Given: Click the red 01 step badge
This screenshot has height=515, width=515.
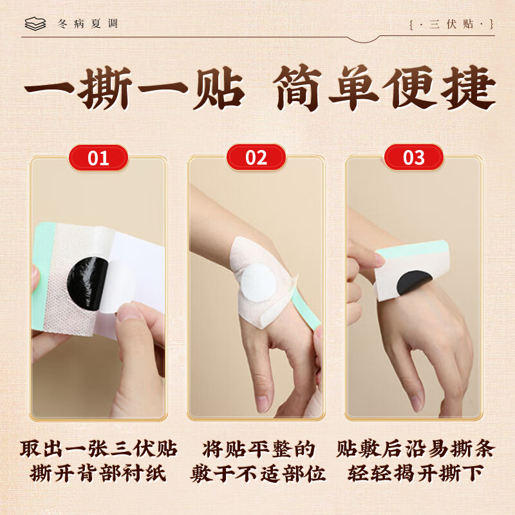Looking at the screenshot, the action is click(98, 158).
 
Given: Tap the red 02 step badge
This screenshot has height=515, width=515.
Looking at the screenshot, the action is click(256, 158).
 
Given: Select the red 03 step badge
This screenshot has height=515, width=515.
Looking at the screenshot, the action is click(414, 158).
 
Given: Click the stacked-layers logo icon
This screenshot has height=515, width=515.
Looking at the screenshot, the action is click(35, 24).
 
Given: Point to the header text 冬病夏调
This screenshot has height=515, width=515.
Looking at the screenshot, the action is click(88, 24).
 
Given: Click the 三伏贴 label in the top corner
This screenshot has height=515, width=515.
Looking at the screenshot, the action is click(452, 24).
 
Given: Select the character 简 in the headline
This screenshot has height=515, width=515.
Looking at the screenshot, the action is click(298, 88).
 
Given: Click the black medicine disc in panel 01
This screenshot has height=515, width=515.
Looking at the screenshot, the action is click(86, 284).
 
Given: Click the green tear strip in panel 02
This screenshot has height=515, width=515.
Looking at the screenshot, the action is click(305, 308).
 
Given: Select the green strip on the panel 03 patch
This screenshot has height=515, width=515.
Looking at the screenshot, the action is click(412, 250).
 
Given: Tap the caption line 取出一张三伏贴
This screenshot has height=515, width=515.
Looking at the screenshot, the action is click(98, 448).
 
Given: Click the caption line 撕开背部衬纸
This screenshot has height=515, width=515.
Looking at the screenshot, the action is click(98, 473).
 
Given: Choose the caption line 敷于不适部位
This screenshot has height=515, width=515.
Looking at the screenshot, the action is click(258, 473).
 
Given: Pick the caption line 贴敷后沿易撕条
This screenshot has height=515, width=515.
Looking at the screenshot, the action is click(415, 448).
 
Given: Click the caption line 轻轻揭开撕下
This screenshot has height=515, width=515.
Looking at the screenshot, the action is click(415, 473).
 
